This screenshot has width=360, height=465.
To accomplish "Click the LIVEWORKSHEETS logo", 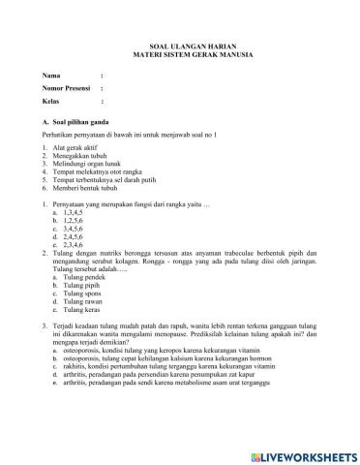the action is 301,455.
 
